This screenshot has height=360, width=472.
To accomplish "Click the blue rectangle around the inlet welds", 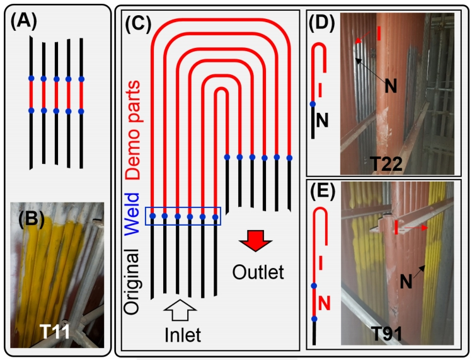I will (183, 216).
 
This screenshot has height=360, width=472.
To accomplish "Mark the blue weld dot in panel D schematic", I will (313, 104).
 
